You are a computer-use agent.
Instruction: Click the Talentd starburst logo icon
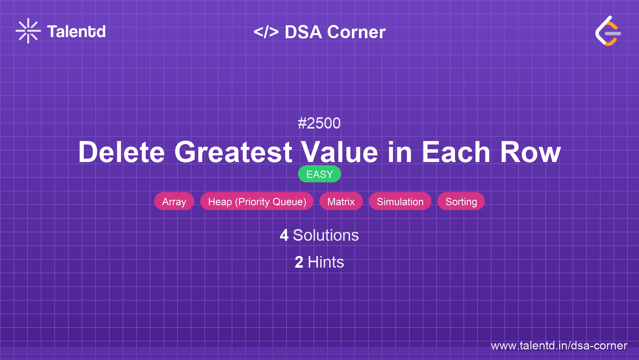[x=28, y=31]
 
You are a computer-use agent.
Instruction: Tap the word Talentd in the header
[x=76, y=32]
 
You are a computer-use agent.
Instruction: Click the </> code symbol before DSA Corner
[x=266, y=32]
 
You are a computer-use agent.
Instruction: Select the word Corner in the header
[x=356, y=32]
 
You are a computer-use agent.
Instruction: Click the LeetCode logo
[x=608, y=31]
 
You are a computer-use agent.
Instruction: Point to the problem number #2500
[x=319, y=123]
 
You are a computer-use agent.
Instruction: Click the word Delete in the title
[x=122, y=152]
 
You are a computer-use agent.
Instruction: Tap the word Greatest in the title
[x=233, y=152]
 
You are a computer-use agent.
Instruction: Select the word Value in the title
[x=339, y=152]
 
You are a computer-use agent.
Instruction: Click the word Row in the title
[x=530, y=152]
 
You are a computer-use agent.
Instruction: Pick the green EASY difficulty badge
[x=319, y=174]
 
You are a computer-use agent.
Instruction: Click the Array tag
[x=174, y=201]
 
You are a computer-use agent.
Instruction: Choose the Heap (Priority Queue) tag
[x=257, y=201]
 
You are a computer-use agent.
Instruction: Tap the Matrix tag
[x=341, y=201]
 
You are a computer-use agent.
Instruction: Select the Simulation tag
[x=400, y=201]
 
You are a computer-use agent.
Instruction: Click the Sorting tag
[x=461, y=201]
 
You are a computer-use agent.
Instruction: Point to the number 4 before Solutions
[x=284, y=235]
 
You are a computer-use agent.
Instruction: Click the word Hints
[x=326, y=262]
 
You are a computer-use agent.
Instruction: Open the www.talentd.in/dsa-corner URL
[x=559, y=346]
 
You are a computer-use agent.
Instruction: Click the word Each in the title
[x=456, y=152]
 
